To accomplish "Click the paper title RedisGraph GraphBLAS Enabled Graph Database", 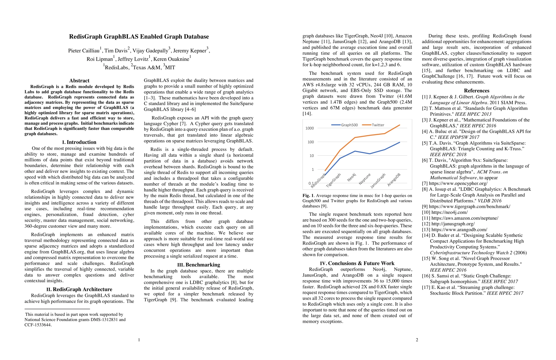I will click(139, 37).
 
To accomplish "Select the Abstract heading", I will click(79, 80).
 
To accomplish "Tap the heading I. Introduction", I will click(79, 142).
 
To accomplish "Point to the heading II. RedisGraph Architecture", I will click(79, 289).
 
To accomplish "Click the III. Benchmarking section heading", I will click(199, 265).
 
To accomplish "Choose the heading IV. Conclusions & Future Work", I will click(357, 263).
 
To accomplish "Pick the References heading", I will click(477, 91).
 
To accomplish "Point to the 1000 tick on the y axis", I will click(309, 128).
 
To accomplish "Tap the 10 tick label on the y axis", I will click(312, 156).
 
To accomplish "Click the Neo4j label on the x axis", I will click(351, 177).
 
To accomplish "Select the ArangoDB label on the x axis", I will click(394, 180).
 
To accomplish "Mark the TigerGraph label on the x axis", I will click(333, 180).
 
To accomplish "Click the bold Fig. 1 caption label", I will click(309, 196).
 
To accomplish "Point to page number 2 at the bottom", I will click(417, 340).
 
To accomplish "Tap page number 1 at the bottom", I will click(139, 340).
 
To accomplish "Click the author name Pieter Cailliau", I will click(84, 51).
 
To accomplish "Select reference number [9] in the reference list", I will click(425, 206).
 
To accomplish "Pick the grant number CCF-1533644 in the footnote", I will click(38, 325).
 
